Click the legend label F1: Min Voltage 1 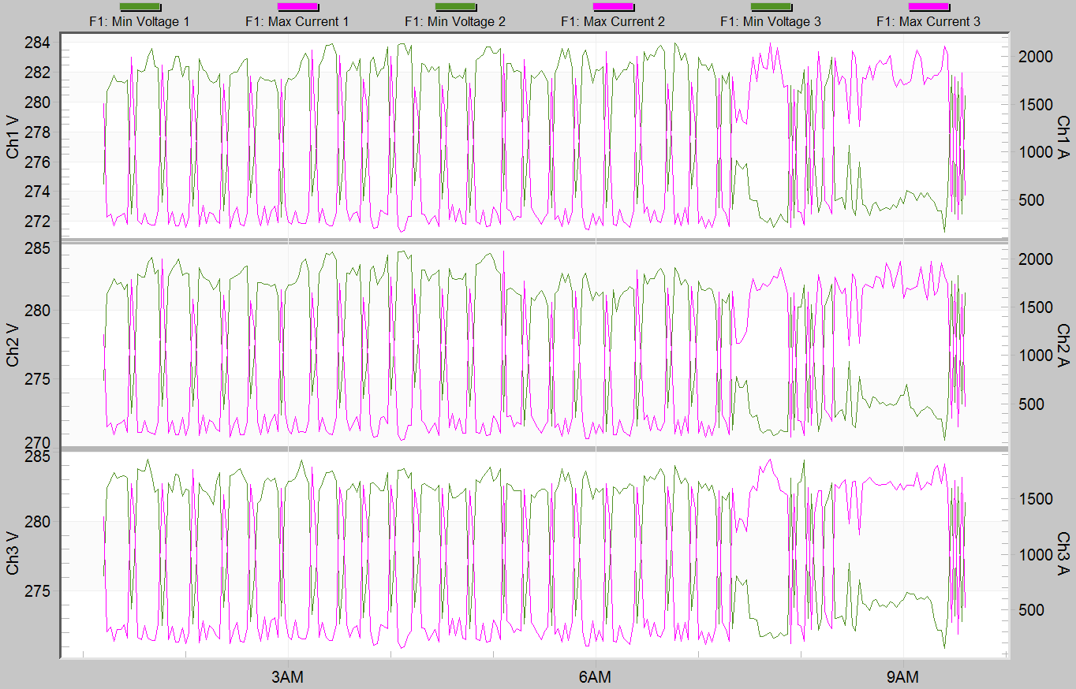coord(140,22)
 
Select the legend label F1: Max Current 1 coord(297,22)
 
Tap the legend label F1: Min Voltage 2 coord(455,22)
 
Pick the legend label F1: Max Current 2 coord(613,22)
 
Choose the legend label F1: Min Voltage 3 coord(771,22)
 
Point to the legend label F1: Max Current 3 coord(928,22)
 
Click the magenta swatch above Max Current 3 coord(928,7)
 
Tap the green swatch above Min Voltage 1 coord(140,7)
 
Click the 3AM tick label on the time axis coord(287,677)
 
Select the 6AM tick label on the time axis coord(594,677)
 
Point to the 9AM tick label coord(902,677)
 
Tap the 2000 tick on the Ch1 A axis coord(1034,57)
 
